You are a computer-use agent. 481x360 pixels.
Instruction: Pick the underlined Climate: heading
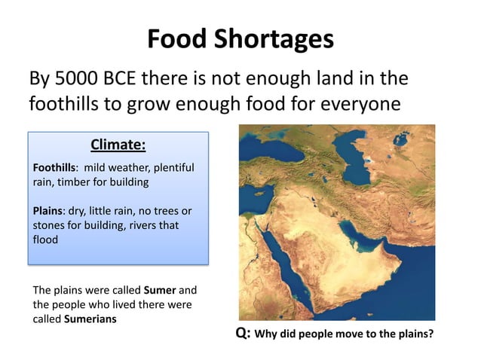click(118, 144)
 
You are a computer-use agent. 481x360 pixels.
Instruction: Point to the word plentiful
click(170, 167)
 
